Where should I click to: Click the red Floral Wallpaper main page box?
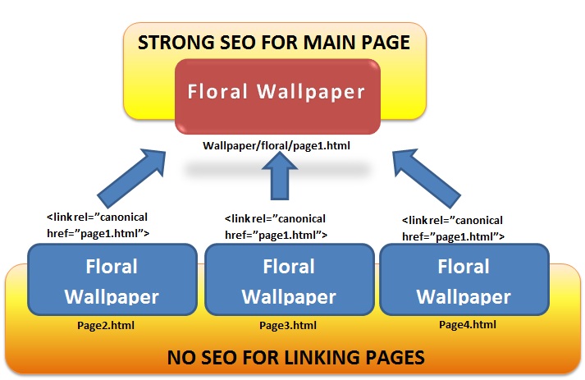[x=277, y=98]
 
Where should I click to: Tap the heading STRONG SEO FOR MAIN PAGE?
[x=275, y=42]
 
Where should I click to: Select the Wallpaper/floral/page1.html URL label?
[x=277, y=146]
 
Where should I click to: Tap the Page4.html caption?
[x=465, y=325]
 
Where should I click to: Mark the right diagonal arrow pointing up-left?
[x=427, y=176]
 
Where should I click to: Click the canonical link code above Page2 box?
[x=98, y=225]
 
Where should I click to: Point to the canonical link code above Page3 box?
[x=276, y=226]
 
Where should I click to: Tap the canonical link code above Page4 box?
[x=452, y=228]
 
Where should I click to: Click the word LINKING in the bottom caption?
[x=322, y=357]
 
